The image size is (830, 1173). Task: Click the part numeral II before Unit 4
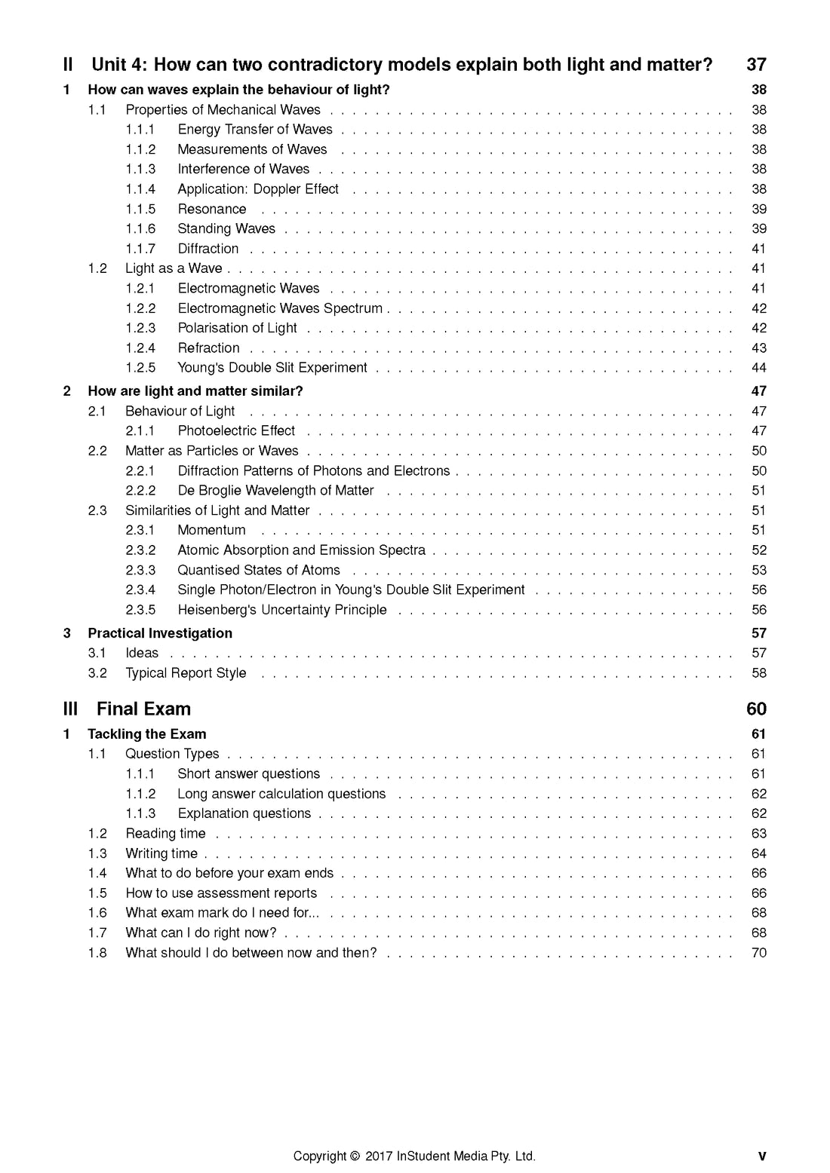[68, 65]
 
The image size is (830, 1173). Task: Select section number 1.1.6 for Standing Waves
[140, 229]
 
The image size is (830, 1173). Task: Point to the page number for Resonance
[759, 210]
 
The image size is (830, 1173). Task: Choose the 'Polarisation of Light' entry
[237, 328]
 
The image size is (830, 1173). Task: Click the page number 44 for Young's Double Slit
[759, 368]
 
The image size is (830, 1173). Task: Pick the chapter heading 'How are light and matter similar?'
[195, 391]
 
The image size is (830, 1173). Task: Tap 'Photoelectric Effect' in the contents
[236, 431]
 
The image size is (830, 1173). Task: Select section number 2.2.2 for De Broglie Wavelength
[140, 491]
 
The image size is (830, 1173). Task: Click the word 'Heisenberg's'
[217, 610]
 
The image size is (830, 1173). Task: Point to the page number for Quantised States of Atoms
[759, 571]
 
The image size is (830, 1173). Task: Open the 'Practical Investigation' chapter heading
[160, 633]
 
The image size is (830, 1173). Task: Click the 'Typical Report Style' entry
[186, 673]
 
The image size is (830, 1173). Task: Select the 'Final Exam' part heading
[143, 709]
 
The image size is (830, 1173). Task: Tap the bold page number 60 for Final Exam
[756, 709]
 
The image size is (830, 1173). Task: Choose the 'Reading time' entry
[165, 834]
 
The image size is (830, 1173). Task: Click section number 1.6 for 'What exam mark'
[97, 913]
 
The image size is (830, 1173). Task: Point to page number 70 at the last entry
[759, 953]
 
